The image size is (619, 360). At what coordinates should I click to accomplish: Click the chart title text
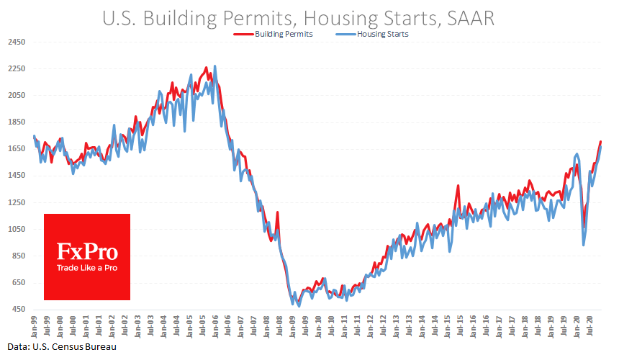point(309,17)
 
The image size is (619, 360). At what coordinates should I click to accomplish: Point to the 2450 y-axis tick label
point(17,42)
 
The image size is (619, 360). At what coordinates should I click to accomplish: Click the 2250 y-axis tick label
point(17,69)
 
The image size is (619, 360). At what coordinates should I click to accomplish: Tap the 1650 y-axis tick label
point(17,149)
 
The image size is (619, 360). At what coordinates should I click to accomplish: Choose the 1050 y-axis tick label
point(17,229)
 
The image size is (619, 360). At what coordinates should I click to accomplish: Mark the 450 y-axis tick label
point(17,310)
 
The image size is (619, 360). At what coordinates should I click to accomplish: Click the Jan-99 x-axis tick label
point(34,323)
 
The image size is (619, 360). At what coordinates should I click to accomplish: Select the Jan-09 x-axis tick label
point(294,323)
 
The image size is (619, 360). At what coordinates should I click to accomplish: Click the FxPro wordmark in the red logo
point(87,252)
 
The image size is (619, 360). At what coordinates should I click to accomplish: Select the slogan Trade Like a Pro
point(87,269)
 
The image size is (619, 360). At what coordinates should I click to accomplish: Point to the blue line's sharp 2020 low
point(583,246)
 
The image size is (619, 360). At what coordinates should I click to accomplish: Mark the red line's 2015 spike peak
point(458,186)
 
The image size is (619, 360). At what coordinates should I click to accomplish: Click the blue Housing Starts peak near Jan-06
point(214,66)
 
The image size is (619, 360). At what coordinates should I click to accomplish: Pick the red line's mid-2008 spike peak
point(277,212)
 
